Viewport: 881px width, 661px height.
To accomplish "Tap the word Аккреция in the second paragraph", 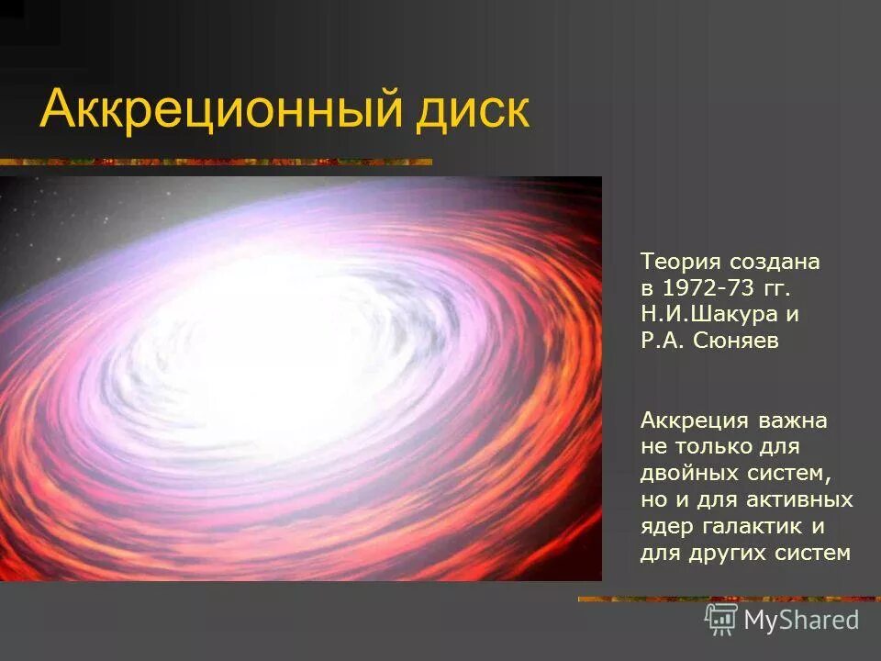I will [692, 420].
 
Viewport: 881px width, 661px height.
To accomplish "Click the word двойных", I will [684, 474].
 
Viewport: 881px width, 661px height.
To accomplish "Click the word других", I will [720, 554].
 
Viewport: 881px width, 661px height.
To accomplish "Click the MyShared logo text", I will [800, 620].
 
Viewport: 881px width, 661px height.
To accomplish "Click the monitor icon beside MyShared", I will [720, 619].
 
